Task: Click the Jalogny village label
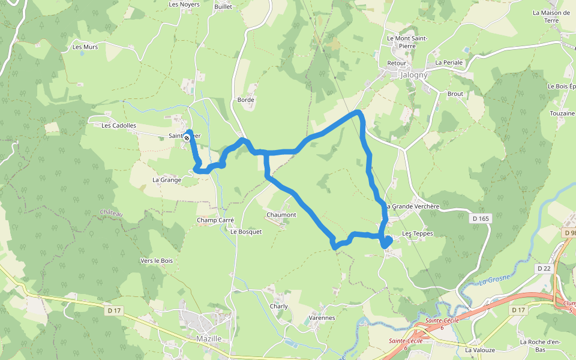[413, 76]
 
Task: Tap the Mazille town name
[209, 339]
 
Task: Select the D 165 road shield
[481, 219]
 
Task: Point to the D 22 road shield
[544, 268]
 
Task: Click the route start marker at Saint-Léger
[187, 138]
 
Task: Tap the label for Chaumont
[281, 215]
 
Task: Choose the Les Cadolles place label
[119, 126]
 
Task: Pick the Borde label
[246, 100]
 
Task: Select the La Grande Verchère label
[413, 206]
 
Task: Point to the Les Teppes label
[417, 233]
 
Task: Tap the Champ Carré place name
[215, 220]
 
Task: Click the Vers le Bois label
[157, 260]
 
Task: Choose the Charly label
[279, 306]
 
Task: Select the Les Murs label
[85, 47]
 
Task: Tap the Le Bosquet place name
[246, 232]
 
